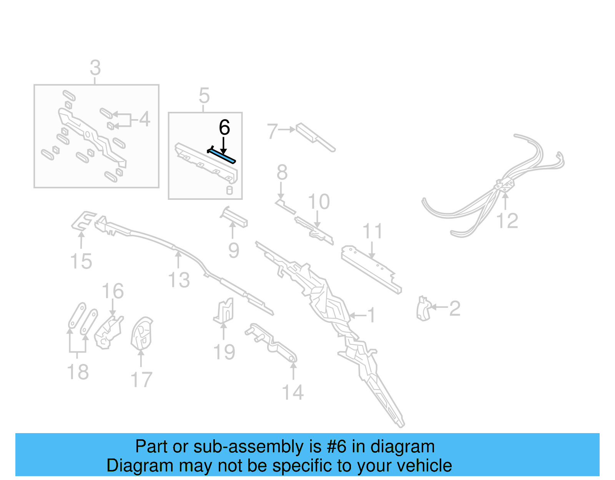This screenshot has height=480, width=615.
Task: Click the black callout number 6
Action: [x=224, y=128]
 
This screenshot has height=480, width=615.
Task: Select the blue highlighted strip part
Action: [x=222, y=156]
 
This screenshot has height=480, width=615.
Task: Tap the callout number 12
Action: [x=507, y=221]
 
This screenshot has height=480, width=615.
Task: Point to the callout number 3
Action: [x=95, y=68]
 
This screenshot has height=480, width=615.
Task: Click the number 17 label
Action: [x=141, y=380]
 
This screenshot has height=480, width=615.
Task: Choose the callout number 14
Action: [x=293, y=392]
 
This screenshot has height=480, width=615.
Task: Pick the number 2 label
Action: [x=455, y=308]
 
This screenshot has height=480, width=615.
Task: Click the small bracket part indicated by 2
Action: [x=423, y=309]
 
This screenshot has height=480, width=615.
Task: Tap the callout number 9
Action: [x=234, y=251]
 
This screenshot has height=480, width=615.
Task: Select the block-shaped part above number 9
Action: [x=234, y=218]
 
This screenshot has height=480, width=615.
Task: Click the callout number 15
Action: [x=81, y=261]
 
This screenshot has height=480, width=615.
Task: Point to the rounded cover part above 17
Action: [x=141, y=334]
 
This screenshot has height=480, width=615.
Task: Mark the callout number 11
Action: [x=372, y=231]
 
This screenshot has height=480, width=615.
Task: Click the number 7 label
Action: [x=272, y=131]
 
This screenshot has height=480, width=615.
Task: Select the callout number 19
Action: [x=224, y=352]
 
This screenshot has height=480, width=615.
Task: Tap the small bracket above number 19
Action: [x=224, y=310]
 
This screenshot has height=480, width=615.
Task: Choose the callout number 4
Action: [x=145, y=119]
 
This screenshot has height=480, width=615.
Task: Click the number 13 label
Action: [x=179, y=280]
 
